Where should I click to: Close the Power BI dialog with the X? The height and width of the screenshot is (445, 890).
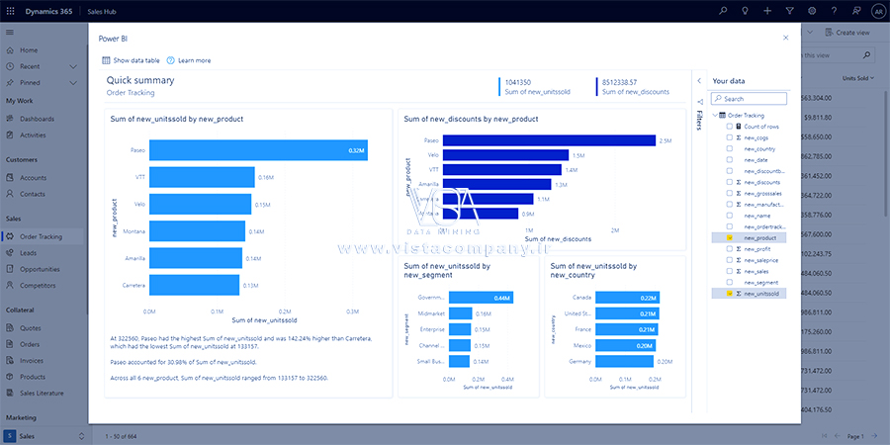786,38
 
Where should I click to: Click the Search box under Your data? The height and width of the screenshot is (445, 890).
749,99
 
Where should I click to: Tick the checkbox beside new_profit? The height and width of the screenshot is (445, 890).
730,248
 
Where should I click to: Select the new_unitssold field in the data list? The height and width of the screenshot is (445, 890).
761,294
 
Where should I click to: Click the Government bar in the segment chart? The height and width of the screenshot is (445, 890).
481,298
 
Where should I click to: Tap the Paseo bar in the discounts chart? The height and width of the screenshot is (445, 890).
549,140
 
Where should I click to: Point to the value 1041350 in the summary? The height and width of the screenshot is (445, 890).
519,81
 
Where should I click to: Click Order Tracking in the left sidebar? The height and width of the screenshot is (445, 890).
41,236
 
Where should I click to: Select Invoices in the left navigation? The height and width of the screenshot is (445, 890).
34,361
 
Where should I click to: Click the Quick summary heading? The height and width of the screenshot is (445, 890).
140,80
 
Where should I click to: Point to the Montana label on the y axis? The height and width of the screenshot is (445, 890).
133,231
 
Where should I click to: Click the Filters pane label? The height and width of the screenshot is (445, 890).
699,120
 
